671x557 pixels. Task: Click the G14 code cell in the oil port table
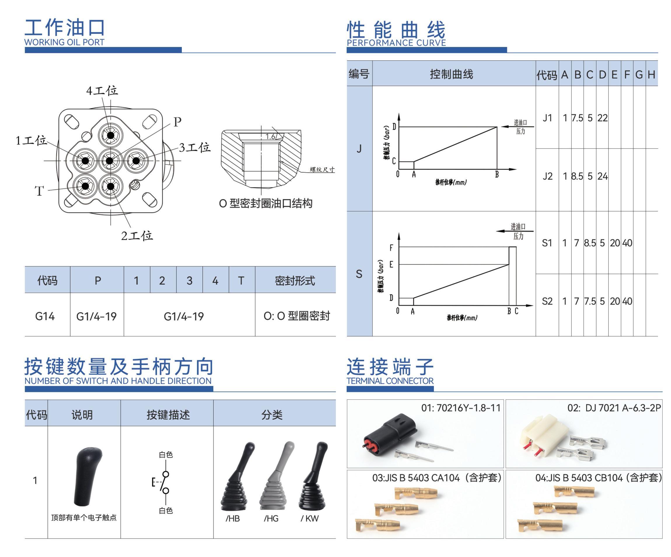(45, 316)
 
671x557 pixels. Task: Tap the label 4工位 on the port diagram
(102, 91)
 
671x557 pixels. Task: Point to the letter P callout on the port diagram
(177, 122)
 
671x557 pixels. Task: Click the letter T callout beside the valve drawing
(39, 191)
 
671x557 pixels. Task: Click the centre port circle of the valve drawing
(110, 161)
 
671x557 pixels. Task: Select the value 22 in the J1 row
(602, 118)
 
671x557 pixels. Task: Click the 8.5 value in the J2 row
(577, 176)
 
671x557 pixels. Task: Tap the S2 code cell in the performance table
(547, 301)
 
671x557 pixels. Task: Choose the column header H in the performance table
(651, 75)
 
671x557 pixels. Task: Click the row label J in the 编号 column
(359, 148)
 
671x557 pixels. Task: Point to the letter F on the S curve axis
(391, 248)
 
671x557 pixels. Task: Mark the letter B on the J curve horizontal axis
(497, 174)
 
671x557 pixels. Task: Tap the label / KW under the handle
(309, 518)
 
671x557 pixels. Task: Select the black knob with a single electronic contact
(87, 476)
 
